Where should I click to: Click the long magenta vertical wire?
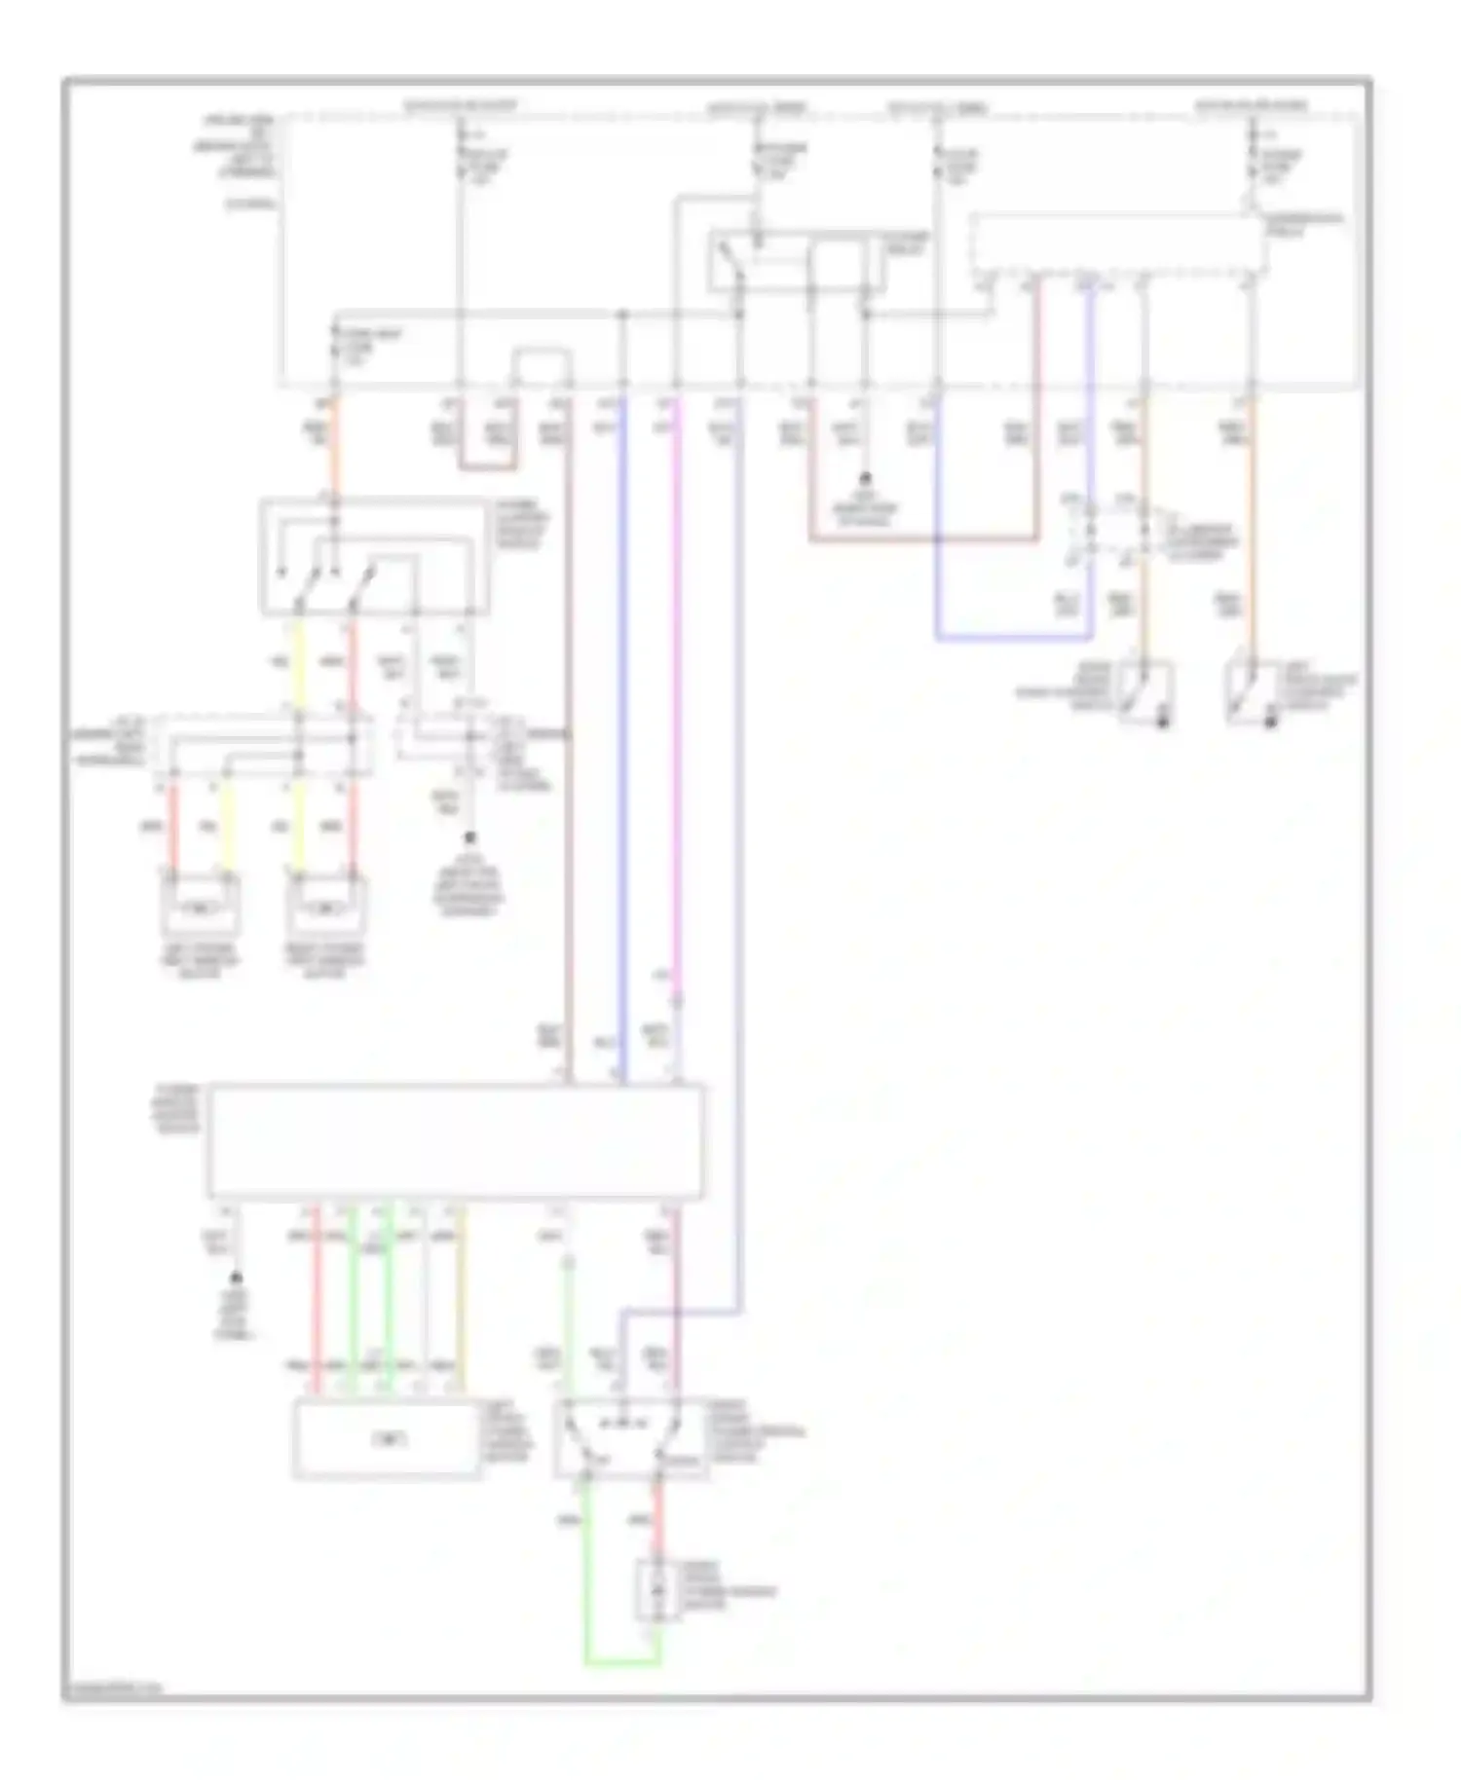[x=676, y=682]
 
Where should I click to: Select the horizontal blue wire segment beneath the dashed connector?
[x=1013, y=639]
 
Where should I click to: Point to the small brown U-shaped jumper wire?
[x=487, y=467]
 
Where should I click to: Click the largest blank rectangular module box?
[x=455, y=1140]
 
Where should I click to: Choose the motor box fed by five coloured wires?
[x=388, y=1439]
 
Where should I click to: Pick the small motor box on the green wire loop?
[x=658, y=1590]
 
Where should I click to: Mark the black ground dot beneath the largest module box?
[x=236, y=1278]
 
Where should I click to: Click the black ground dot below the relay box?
[x=863, y=479]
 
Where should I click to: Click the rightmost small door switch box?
[x=1252, y=693]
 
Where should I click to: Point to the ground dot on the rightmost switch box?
[x=1270, y=723]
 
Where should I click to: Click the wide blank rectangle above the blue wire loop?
[x=1118, y=242]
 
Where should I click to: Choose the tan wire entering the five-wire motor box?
[x=460, y=1295]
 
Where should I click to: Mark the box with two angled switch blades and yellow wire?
[x=374, y=559]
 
